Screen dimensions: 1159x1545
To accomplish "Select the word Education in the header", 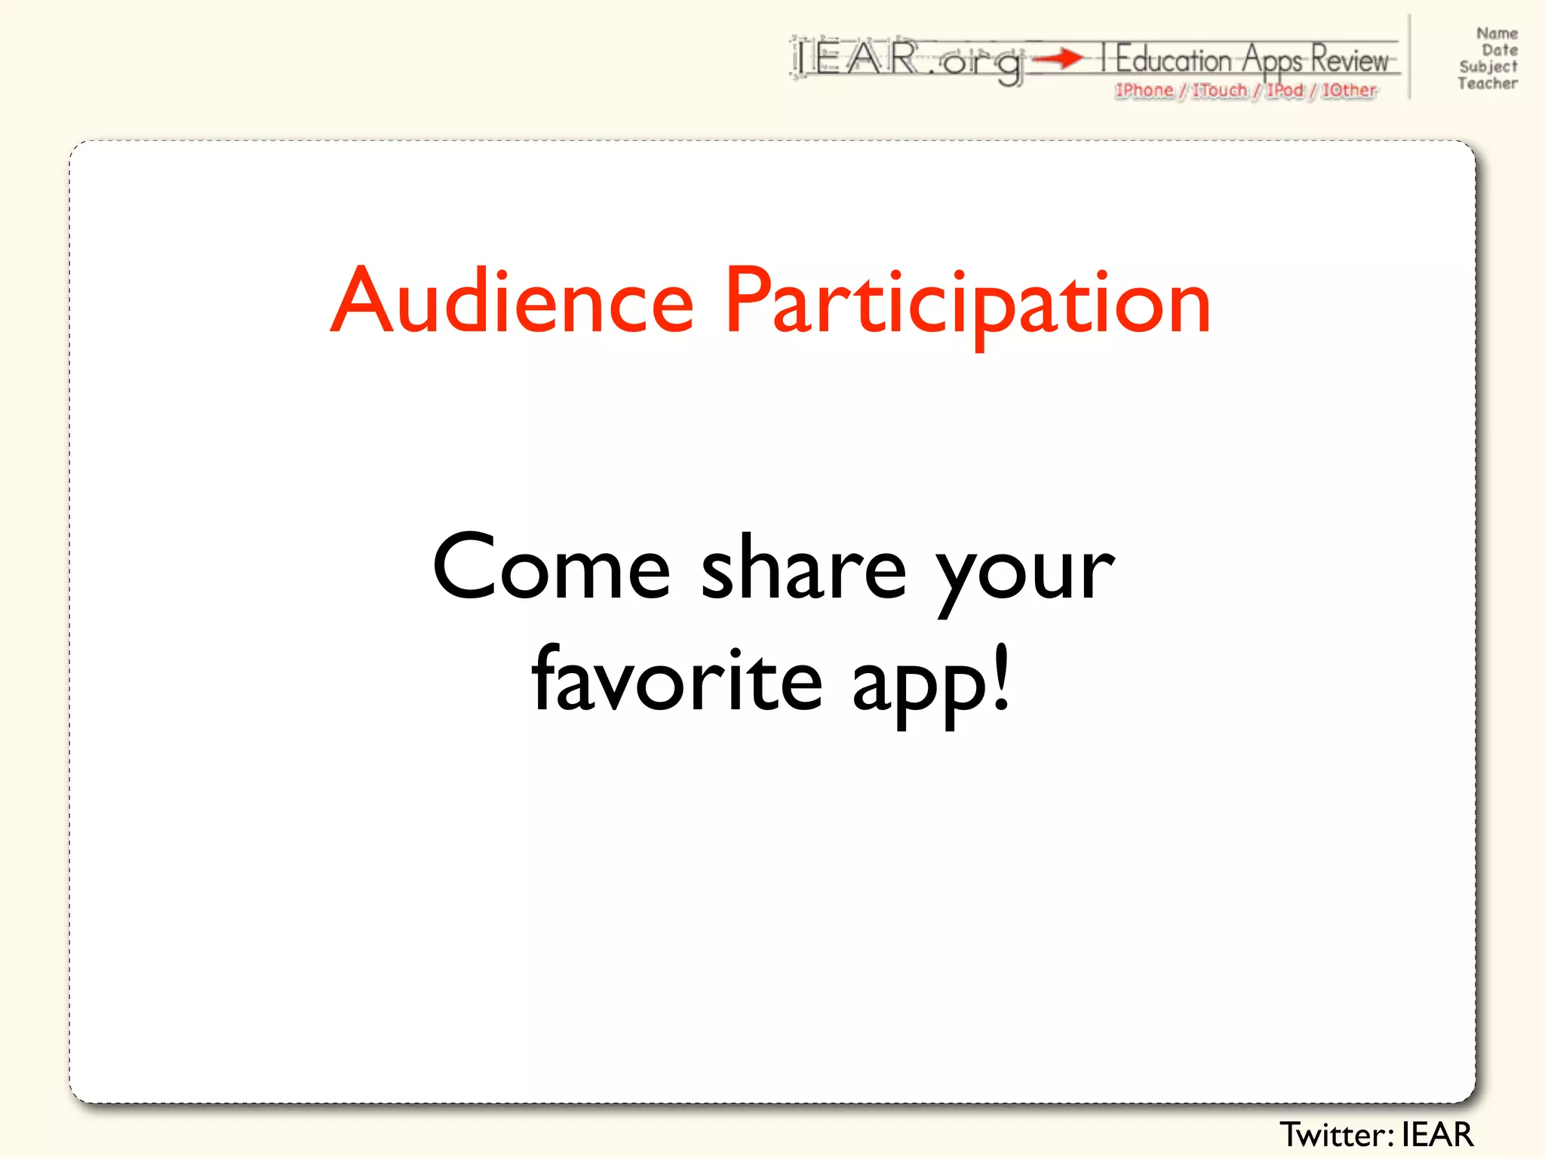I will click(1173, 59).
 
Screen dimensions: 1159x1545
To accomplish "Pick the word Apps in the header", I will click(1273, 60).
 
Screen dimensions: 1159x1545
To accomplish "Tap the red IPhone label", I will click(1144, 91).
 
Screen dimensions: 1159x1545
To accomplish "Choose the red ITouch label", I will click(1220, 91).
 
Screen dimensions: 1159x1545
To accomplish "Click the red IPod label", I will click(1285, 91).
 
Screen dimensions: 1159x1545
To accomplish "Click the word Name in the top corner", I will click(1497, 33).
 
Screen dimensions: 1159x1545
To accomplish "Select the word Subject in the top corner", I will click(1488, 67).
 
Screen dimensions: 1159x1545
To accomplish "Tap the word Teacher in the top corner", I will click(1488, 84).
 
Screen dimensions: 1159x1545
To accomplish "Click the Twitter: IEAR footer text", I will click(1376, 1135).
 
